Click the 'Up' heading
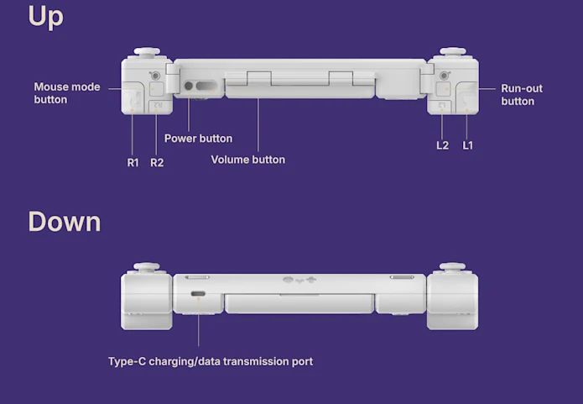(x=46, y=17)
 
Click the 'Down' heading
(x=65, y=222)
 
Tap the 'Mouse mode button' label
(x=67, y=93)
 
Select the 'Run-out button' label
(x=522, y=95)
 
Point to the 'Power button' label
(x=198, y=139)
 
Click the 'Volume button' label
(x=248, y=160)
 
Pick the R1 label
(x=133, y=163)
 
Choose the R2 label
(x=157, y=163)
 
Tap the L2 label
(x=442, y=145)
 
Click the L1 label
(x=468, y=145)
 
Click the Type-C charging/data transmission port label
(x=211, y=361)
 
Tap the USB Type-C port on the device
(x=198, y=294)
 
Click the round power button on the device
(x=189, y=86)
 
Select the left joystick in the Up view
(x=147, y=52)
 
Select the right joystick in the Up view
(x=453, y=52)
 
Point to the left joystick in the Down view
(x=147, y=267)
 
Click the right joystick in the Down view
(x=452, y=267)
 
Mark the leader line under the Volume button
(x=258, y=125)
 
